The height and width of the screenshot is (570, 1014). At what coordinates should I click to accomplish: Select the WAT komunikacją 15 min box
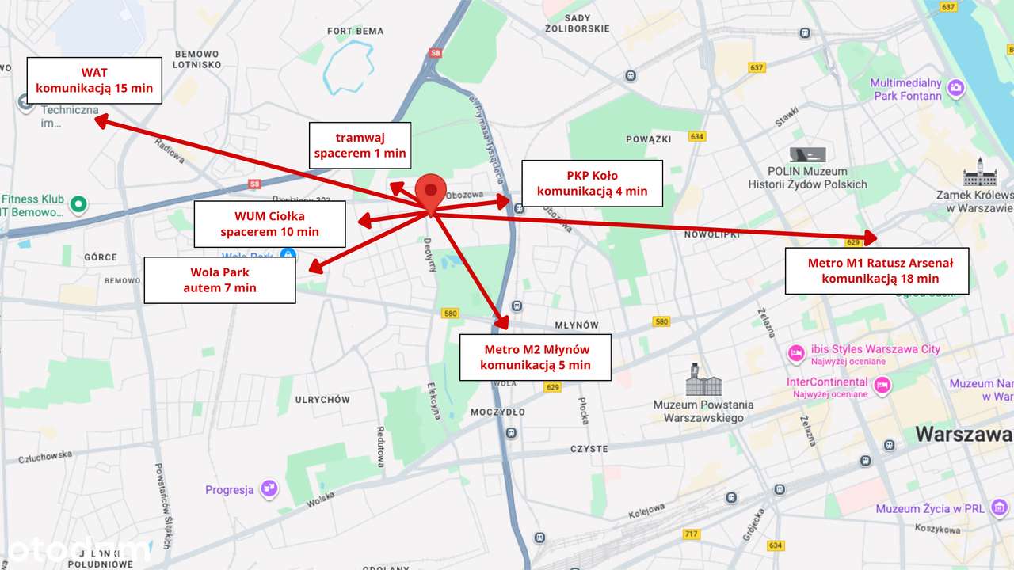click(94, 80)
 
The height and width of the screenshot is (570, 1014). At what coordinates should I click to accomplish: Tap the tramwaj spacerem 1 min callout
click(360, 145)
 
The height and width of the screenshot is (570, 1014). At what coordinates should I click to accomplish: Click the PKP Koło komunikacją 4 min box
click(592, 183)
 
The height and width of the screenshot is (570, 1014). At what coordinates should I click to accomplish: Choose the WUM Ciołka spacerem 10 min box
click(269, 223)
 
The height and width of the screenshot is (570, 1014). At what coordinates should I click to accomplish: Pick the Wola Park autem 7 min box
click(219, 279)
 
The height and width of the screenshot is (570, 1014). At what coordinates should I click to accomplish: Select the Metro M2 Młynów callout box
click(535, 357)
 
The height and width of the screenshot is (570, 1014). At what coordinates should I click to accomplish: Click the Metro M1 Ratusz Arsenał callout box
click(876, 270)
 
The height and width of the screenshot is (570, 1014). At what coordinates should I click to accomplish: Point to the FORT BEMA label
click(356, 32)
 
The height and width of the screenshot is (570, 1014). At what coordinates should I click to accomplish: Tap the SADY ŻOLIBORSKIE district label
click(578, 23)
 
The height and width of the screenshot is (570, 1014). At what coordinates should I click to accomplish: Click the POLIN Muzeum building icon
click(807, 154)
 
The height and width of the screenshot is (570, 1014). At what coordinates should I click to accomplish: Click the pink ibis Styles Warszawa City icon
click(795, 353)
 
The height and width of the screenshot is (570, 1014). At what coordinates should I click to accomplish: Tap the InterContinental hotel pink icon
click(881, 386)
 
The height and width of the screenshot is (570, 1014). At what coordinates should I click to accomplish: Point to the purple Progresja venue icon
click(269, 489)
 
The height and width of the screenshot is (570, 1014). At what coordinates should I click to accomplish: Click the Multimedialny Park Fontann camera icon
click(956, 88)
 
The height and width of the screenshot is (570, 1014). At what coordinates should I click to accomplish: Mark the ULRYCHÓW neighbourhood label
click(322, 400)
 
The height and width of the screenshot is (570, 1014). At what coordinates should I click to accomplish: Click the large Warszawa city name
click(963, 434)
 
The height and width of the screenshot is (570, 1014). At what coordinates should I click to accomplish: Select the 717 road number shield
click(692, 534)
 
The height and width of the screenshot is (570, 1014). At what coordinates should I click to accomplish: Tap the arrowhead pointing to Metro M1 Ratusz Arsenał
click(871, 237)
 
